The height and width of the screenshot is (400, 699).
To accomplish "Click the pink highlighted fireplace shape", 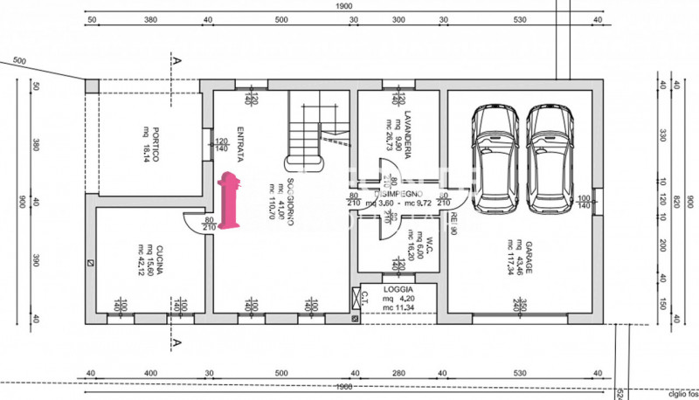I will (x=231, y=202).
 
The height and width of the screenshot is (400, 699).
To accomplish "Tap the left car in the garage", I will (x=494, y=162).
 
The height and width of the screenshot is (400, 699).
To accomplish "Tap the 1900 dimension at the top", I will (x=344, y=5).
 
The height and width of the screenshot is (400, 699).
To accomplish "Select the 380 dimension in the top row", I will (x=149, y=18).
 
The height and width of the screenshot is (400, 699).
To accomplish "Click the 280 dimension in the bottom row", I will (x=398, y=374).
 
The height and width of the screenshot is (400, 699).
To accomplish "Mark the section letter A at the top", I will (x=177, y=61).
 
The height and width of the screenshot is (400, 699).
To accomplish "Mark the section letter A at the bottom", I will (x=177, y=341).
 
